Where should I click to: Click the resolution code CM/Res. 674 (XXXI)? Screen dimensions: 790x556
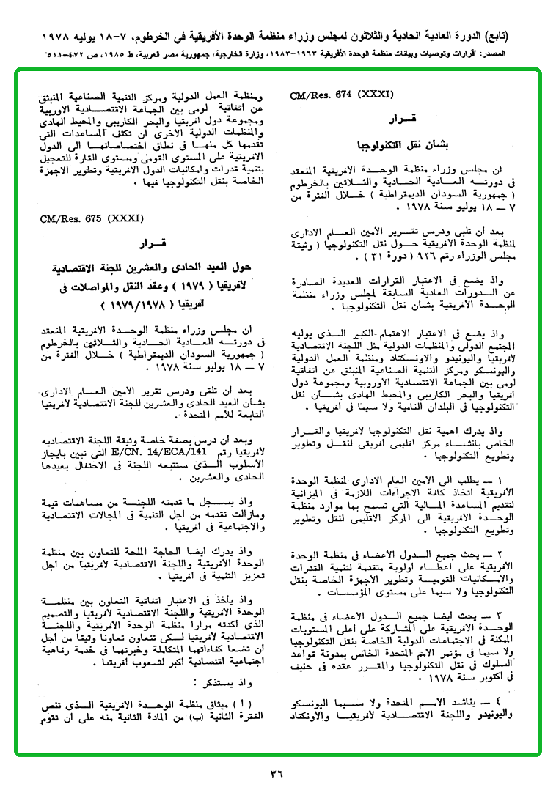[342, 95]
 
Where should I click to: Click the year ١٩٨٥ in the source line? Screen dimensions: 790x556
[122, 54]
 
